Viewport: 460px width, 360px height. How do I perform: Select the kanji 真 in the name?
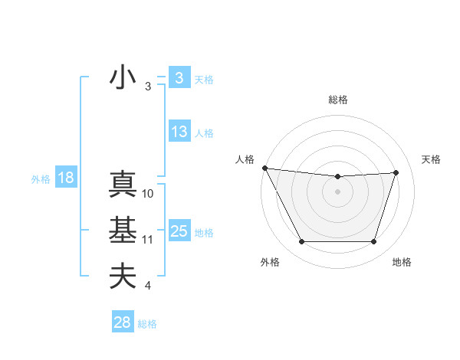[x=123, y=185]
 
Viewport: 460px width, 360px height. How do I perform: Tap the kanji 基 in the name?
[x=123, y=231]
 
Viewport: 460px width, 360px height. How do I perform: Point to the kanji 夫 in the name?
[x=123, y=276]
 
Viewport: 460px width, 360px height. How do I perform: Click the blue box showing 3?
[x=179, y=78]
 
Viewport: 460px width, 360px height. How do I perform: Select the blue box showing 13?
[x=179, y=132]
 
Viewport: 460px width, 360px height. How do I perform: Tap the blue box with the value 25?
[x=179, y=231]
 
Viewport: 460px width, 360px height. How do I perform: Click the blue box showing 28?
[x=122, y=322]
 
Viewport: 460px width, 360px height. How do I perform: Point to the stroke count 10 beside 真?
[x=148, y=194]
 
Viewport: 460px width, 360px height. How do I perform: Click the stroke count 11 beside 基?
[x=148, y=240]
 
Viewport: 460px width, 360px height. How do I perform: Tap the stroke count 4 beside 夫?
[x=147, y=286]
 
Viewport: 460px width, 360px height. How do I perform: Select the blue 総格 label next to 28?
[x=147, y=324]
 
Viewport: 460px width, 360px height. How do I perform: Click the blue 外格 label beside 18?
[x=41, y=179]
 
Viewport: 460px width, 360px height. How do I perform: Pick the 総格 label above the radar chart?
[x=338, y=100]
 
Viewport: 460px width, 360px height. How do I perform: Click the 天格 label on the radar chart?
[x=432, y=159]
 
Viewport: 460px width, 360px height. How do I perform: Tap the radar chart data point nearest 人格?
[x=264, y=168]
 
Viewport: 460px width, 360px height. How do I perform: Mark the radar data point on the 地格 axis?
[x=373, y=242]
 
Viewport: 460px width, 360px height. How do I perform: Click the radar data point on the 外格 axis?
[x=301, y=242]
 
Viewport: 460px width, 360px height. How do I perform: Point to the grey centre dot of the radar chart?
[x=337, y=191]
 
